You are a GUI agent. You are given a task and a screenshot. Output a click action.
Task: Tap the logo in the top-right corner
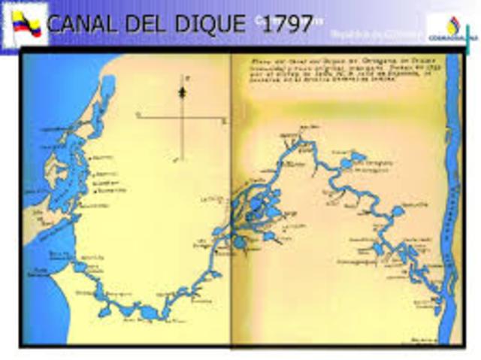pos(452,29)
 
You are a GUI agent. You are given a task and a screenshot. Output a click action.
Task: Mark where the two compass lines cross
pos(181,116)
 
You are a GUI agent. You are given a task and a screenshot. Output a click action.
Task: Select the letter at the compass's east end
pos(225,119)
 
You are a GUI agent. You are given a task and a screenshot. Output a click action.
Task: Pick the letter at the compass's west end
pos(138,114)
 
